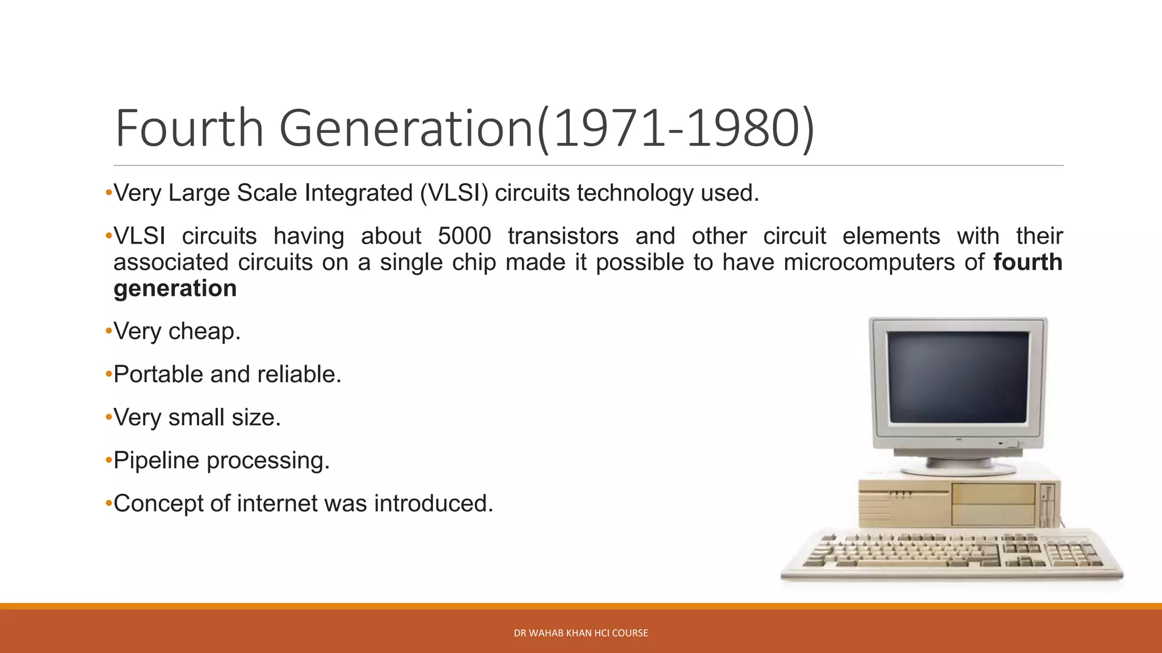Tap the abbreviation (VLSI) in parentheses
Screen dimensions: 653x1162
click(x=454, y=193)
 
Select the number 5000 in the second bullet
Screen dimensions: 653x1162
click(x=464, y=236)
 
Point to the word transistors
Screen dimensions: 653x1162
click(x=563, y=236)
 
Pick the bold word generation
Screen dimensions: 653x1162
click(x=175, y=289)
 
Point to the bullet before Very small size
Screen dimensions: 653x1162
click(x=108, y=418)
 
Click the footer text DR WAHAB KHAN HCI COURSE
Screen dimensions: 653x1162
click(x=580, y=633)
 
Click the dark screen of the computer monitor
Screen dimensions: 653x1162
click(x=958, y=376)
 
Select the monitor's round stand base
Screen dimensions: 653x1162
click(x=958, y=468)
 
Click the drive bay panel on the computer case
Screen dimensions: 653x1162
click(x=993, y=503)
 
